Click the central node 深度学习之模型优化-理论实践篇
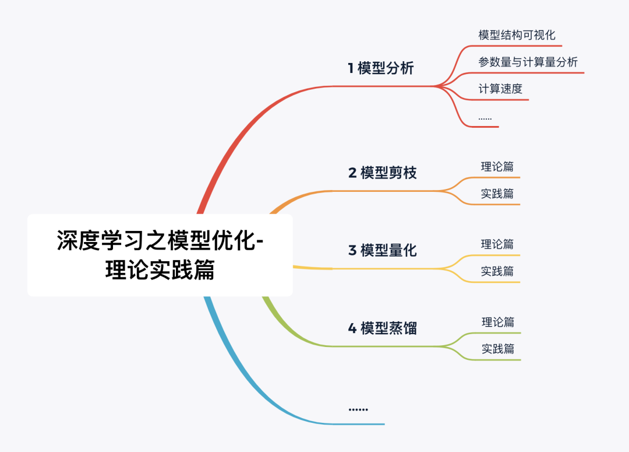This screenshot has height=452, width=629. coord(160,255)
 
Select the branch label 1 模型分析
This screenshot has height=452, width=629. coord(381,68)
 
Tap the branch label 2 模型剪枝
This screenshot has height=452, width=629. coord(383,173)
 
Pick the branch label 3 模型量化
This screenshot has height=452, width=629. coord(383,250)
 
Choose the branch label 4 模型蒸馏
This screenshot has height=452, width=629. coord(383,328)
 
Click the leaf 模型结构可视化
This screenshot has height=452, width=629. coord(517,35)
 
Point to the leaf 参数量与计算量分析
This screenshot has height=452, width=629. coord(528,62)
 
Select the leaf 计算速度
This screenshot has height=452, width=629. coord(500,89)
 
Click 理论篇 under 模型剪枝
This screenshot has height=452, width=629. coord(497,167)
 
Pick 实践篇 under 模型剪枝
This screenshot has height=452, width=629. coord(497,194)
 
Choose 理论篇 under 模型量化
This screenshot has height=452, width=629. coord(497,244)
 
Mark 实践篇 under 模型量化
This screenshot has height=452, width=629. coord(497,271)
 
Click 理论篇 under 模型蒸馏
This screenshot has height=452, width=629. coord(498,322)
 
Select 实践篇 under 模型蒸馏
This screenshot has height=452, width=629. coord(498,349)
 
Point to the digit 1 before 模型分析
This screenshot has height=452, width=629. coord(351,68)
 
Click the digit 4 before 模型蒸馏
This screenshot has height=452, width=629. coord(352,328)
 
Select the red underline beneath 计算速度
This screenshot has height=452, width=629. coord(501,100)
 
